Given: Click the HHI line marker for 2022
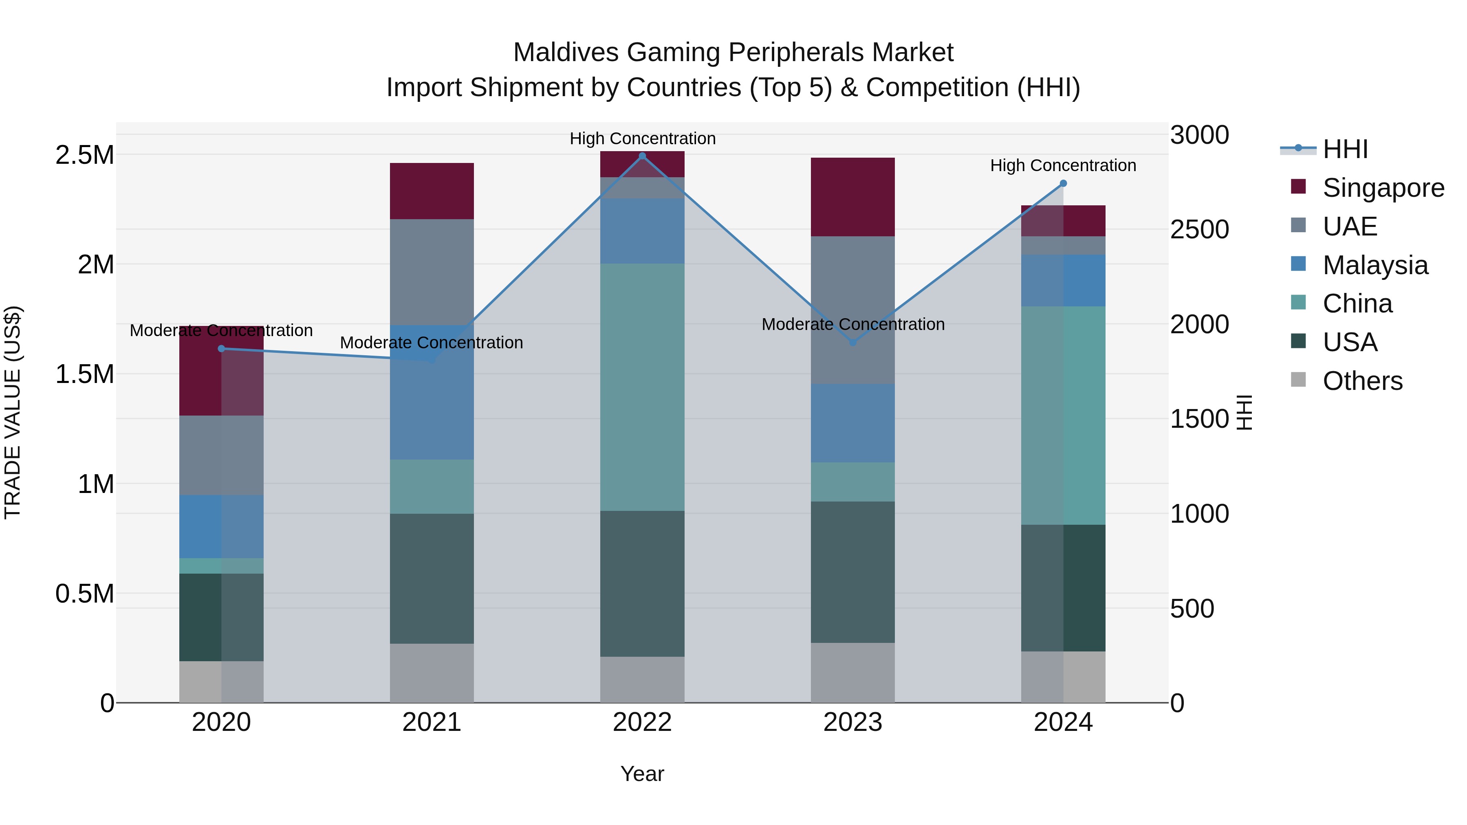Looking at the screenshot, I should pyautogui.click(x=642, y=156).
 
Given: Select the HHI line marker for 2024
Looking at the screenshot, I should pyautogui.click(x=1063, y=183).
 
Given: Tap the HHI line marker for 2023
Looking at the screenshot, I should pyautogui.click(x=852, y=342).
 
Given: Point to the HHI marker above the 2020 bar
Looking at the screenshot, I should pyautogui.click(x=222, y=348).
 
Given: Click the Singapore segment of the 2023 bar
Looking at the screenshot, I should pyautogui.click(x=852, y=197).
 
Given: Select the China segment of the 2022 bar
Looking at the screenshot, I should pyautogui.click(x=642, y=387).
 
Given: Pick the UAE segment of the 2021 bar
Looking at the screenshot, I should pyautogui.click(x=432, y=272).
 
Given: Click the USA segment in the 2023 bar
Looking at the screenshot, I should pyautogui.click(x=852, y=572).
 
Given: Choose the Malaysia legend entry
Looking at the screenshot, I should pyautogui.click(x=1375, y=265).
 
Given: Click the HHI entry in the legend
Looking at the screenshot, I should pyautogui.click(x=1345, y=149).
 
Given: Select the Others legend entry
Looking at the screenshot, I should pyautogui.click(x=1362, y=381).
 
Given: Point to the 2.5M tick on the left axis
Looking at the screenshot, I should pyautogui.click(x=85, y=155).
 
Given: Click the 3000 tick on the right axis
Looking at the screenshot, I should pyautogui.click(x=1199, y=136).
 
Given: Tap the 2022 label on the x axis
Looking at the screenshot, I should pyautogui.click(x=642, y=722).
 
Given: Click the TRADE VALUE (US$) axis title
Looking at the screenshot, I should pyautogui.click(x=13, y=412).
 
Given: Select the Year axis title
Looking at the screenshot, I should pyautogui.click(x=642, y=774).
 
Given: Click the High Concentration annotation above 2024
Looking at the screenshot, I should pyautogui.click(x=1063, y=166).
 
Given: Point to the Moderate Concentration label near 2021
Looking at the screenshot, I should pyautogui.click(x=432, y=343).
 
